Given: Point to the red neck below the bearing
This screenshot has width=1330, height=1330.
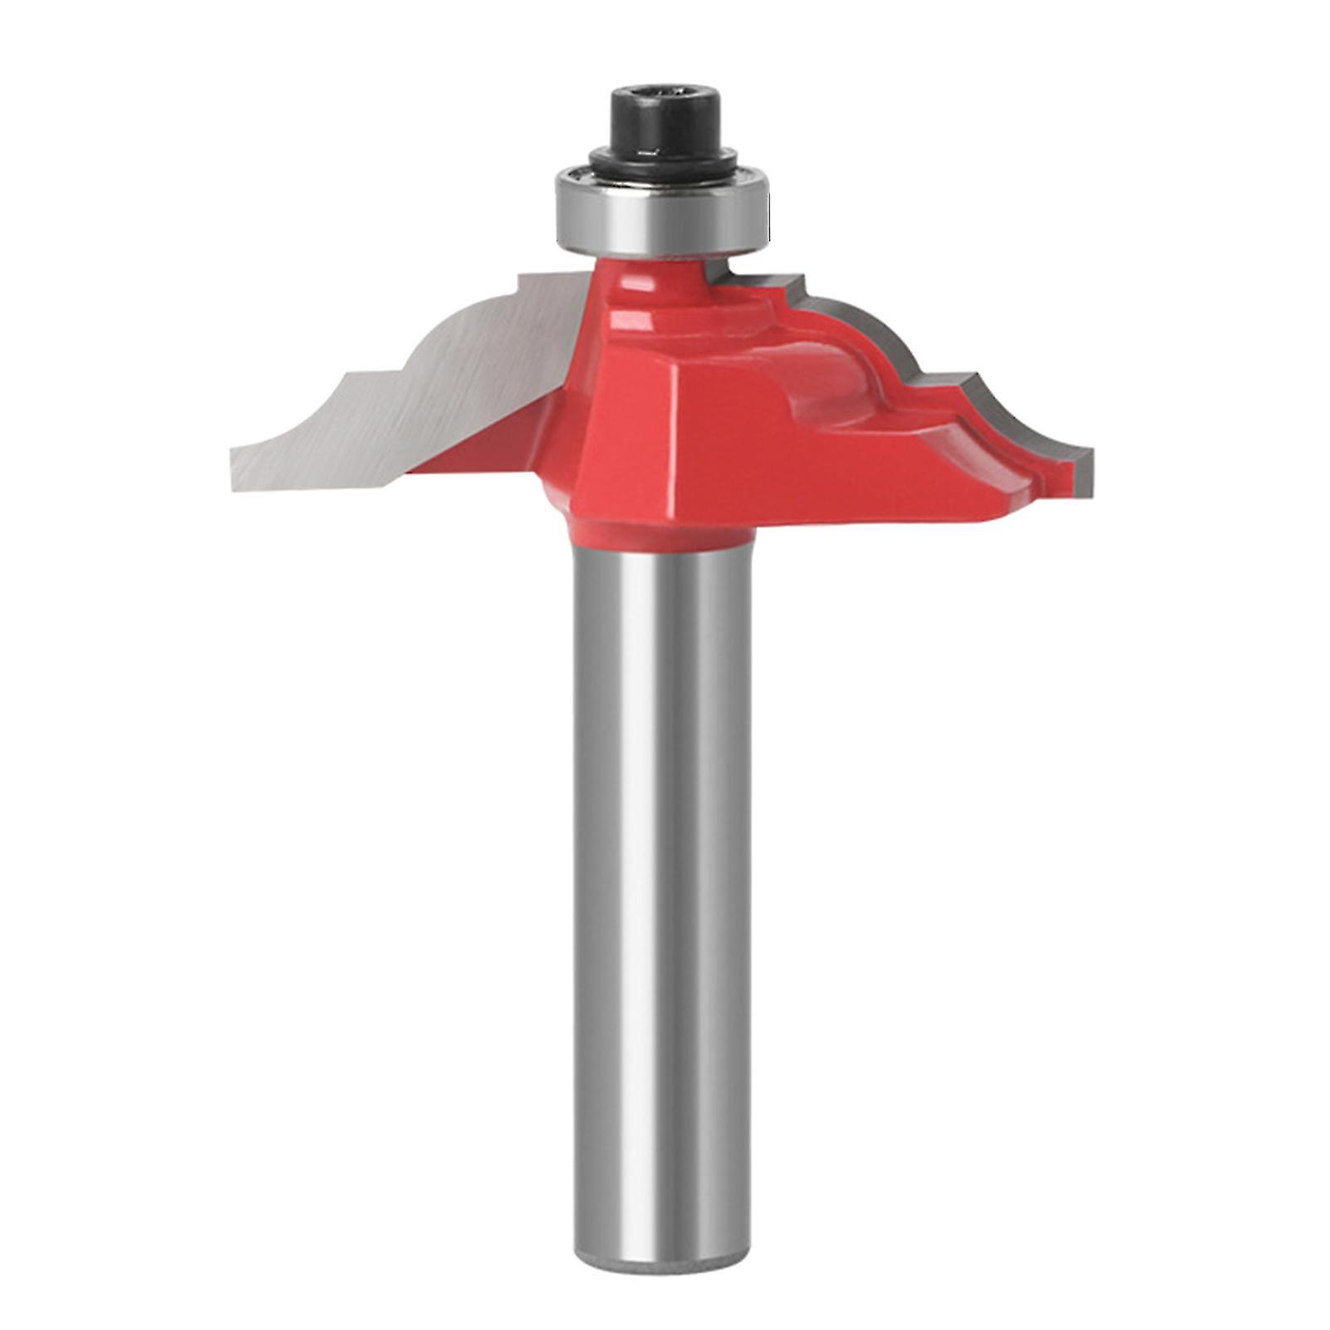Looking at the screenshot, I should pos(656,278).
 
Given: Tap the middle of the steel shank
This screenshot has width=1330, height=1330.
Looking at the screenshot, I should pos(660,831).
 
